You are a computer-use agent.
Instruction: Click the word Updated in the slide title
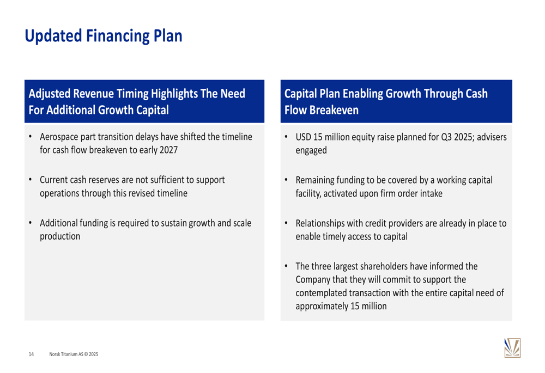(53, 36)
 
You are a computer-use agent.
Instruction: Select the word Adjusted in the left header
(50, 94)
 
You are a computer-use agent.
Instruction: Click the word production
(60, 236)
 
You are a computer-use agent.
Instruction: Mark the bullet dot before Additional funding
(31, 223)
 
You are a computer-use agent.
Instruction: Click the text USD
(304, 137)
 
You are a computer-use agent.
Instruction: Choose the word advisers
(492, 137)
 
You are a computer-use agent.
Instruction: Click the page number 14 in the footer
(31, 354)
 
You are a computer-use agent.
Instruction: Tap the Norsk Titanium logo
(512, 348)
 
